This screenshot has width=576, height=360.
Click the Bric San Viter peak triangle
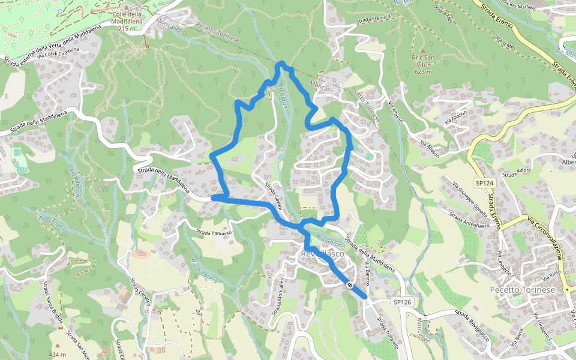pos(422,51)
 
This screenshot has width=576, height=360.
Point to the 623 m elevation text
pos(423,72)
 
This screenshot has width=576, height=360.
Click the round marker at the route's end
pos(349,285)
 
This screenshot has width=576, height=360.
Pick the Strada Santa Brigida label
pos(50,306)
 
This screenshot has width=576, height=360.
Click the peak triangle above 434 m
pos(58,346)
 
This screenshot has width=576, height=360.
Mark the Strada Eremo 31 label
pos(374,19)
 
